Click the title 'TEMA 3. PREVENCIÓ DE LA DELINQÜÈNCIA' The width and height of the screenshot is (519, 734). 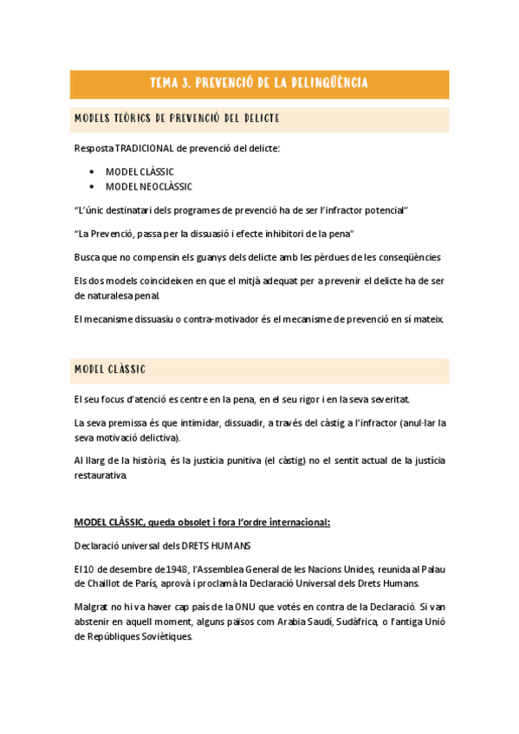(x=259, y=83)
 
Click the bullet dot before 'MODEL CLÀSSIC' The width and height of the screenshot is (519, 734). (x=92, y=171)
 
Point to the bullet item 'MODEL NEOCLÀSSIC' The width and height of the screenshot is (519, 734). (x=149, y=186)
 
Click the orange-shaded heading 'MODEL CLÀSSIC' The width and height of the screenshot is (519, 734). (x=110, y=370)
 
